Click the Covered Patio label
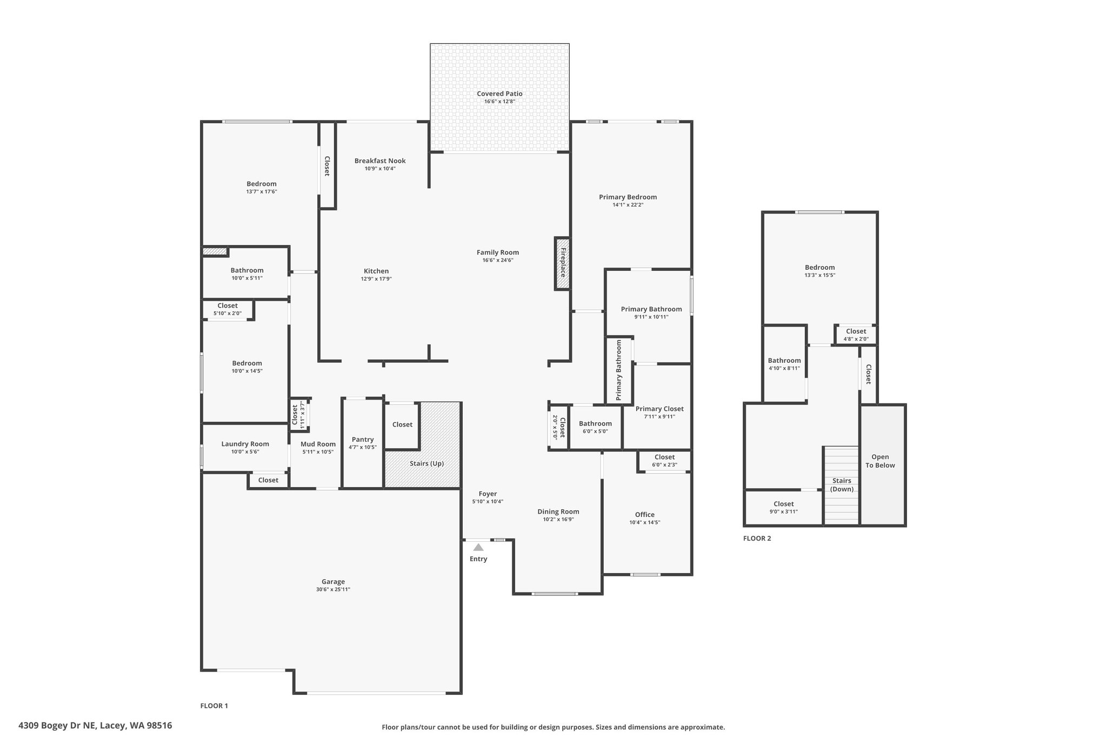pyautogui.click(x=499, y=94)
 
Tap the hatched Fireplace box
pyautogui.click(x=562, y=263)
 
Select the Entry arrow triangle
pyautogui.click(x=478, y=547)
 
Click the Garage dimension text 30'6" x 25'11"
pyautogui.click(x=333, y=589)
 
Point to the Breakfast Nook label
pyautogui.click(x=380, y=161)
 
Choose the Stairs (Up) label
pyautogui.click(x=427, y=463)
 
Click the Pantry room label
pyautogui.click(x=363, y=440)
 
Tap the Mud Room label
pyautogui.click(x=318, y=444)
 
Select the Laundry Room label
pyautogui.click(x=245, y=444)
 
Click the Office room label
pyautogui.click(x=645, y=515)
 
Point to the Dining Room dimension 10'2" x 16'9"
pyautogui.click(x=558, y=520)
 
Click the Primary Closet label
pyautogui.click(x=659, y=409)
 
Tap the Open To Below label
pyautogui.click(x=880, y=461)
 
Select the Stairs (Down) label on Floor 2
pyautogui.click(x=842, y=485)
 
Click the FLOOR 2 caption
pyautogui.click(x=757, y=538)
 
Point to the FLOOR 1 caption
pyautogui.click(x=214, y=706)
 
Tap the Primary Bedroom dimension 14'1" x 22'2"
pyautogui.click(x=628, y=205)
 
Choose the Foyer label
pyautogui.click(x=488, y=494)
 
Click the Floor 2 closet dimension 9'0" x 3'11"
pyautogui.click(x=784, y=511)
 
